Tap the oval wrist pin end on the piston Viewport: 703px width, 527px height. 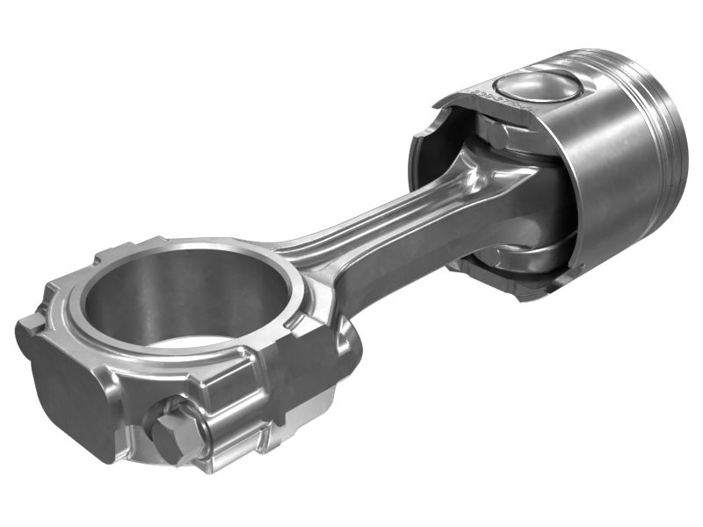click(x=537, y=88)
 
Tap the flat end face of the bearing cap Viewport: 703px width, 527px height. click(x=70, y=395)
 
